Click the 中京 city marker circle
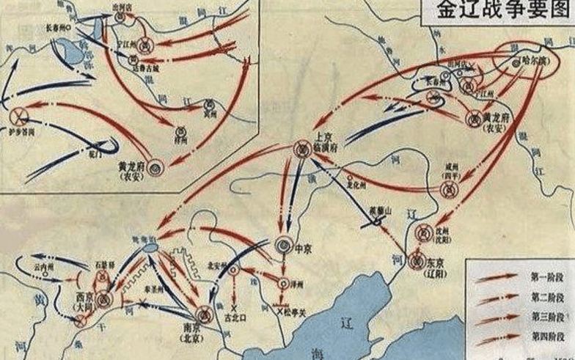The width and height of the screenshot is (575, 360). (x=284, y=246)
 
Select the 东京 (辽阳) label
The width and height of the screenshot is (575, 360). (x=436, y=265)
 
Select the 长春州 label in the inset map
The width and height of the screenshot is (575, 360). (x=59, y=26)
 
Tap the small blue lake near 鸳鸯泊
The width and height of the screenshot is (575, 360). (x=150, y=249)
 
